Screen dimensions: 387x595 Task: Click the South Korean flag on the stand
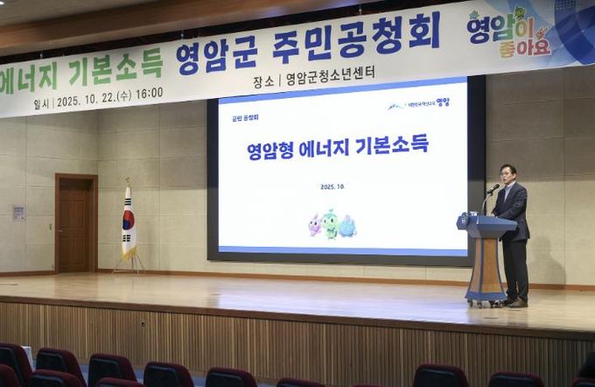tap(128, 220)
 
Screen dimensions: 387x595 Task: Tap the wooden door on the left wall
tap(76, 223)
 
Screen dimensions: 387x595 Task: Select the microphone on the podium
tap(493, 188)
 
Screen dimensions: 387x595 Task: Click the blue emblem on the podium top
tap(464, 222)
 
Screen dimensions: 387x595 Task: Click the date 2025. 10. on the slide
tap(332, 186)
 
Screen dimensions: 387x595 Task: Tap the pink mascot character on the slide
tap(314, 225)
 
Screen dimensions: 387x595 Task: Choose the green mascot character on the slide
tap(330, 224)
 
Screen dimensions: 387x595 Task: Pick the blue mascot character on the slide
tap(347, 226)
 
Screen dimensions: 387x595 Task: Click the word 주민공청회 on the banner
tap(355, 41)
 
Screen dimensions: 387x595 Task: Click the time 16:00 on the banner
tap(149, 92)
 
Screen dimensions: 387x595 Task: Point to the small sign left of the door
tap(18, 212)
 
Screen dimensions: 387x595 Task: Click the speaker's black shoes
tap(516, 302)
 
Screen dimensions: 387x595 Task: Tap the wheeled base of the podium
tap(486, 301)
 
